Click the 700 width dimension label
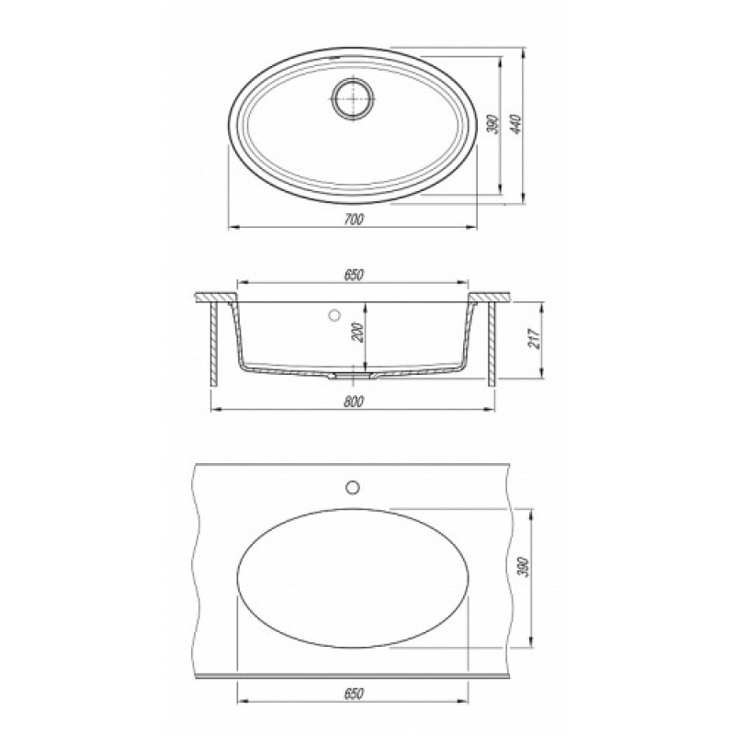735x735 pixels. pyautogui.click(x=354, y=219)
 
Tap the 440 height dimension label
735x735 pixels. pyautogui.click(x=515, y=124)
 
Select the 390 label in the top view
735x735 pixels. pyautogui.click(x=493, y=124)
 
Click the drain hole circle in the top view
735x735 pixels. pyautogui.click(x=354, y=99)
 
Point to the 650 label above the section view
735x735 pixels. pyautogui.click(x=354, y=275)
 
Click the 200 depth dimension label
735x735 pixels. pyautogui.click(x=359, y=333)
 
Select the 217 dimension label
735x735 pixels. pyautogui.click(x=535, y=338)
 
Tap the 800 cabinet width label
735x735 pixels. pyautogui.click(x=354, y=401)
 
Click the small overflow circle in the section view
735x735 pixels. pyautogui.click(x=334, y=315)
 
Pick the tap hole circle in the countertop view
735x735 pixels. pyautogui.click(x=352, y=487)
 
